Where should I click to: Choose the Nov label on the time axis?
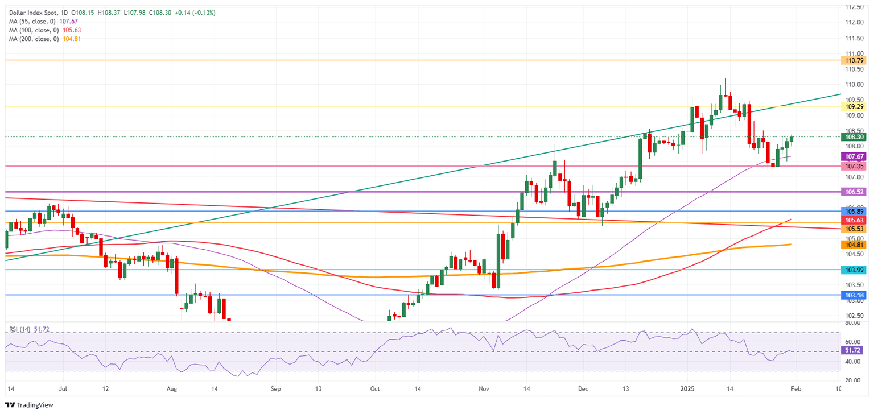pyautogui.click(x=484, y=390)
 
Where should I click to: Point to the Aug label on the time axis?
pyautogui.click(x=173, y=390)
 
